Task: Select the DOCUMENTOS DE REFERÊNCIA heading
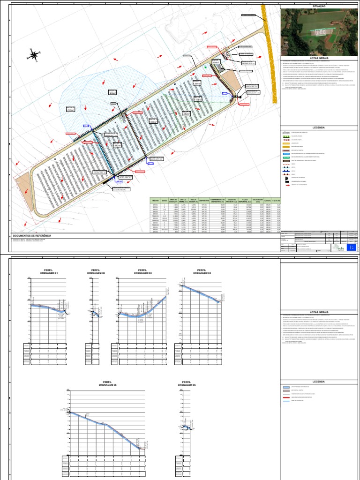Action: pos(32,236)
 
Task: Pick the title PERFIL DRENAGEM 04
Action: pos(202,271)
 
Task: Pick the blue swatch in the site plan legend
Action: pos(286,153)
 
